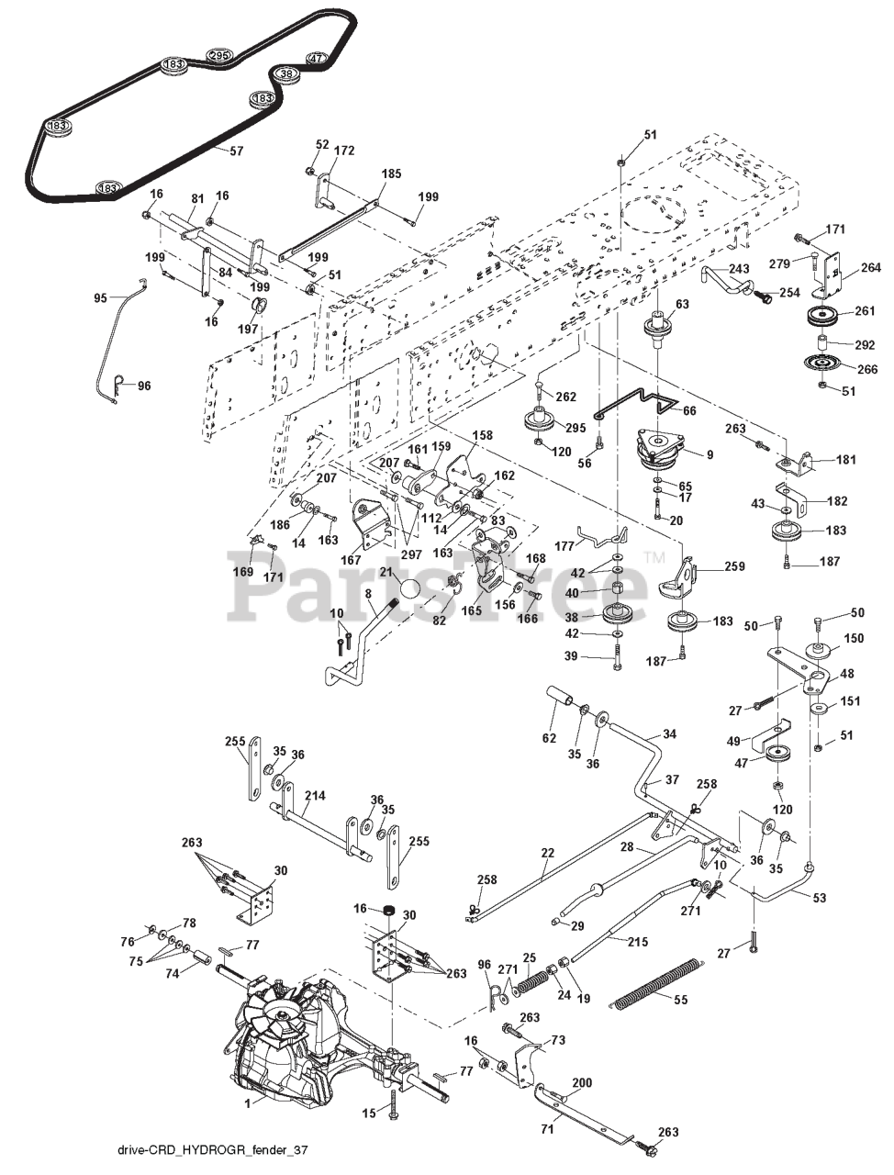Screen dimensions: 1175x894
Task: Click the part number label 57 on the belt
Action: click(236, 151)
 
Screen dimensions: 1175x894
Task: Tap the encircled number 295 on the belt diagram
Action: click(219, 55)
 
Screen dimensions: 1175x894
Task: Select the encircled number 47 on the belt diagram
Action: click(316, 59)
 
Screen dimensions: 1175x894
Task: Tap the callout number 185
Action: click(391, 173)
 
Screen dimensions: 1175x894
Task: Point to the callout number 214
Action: click(315, 797)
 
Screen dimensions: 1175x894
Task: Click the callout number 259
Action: click(733, 566)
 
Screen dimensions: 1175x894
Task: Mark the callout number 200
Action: click(582, 1083)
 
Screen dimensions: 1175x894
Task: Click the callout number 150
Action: click(854, 638)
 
